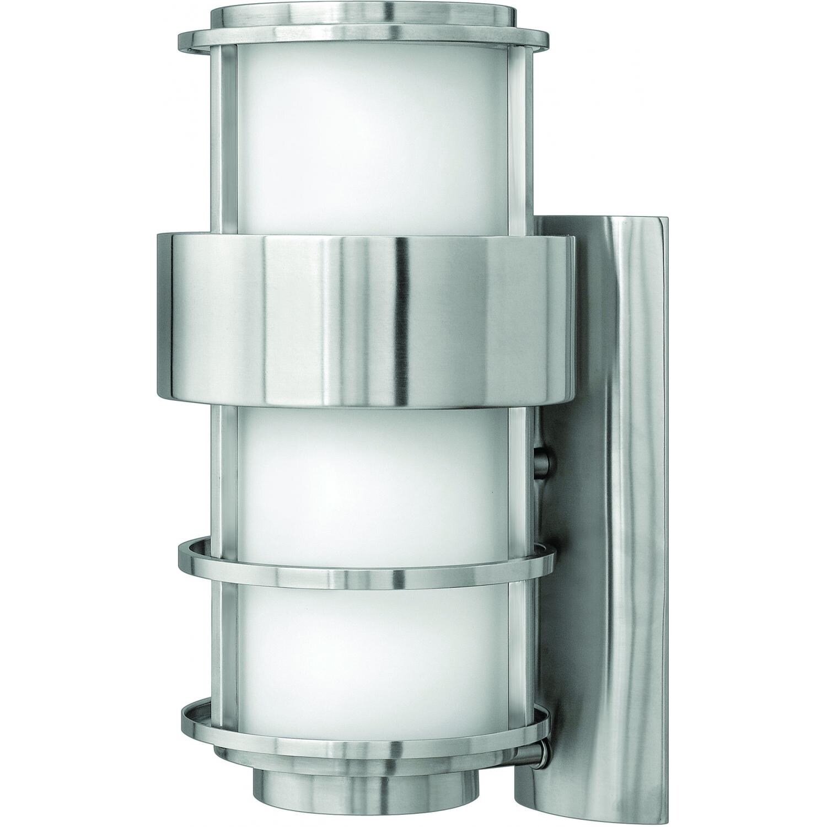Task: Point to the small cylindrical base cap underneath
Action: (x=364, y=797)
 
